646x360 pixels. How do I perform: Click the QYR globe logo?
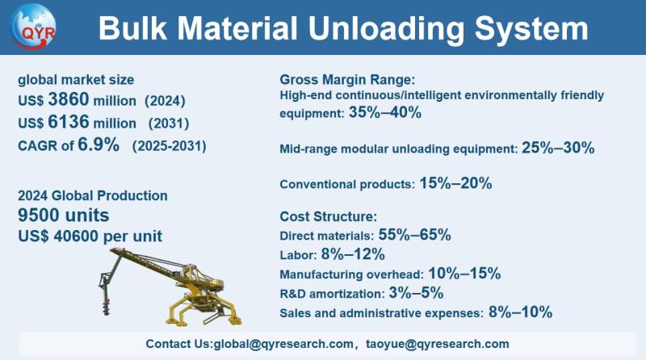(x=33, y=26)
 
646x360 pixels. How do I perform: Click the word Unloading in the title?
(x=388, y=29)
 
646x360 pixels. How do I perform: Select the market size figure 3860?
(x=69, y=99)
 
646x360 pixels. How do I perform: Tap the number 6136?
(x=69, y=122)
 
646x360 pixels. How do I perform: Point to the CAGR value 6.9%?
(x=99, y=144)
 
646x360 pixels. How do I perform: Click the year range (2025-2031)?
(x=170, y=146)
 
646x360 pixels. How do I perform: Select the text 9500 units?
(x=64, y=216)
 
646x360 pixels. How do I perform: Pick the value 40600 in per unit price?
(x=77, y=236)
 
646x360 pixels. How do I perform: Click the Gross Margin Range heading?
(x=347, y=79)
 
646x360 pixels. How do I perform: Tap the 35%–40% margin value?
(x=385, y=112)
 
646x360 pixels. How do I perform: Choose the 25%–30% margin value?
(x=558, y=148)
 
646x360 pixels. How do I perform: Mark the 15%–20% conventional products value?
(x=455, y=183)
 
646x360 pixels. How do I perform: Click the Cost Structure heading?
(x=329, y=216)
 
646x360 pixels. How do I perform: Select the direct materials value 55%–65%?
(x=414, y=235)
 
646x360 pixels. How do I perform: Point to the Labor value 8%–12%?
(x=353, y=254)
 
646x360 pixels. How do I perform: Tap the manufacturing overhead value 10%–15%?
(x=465, y=274)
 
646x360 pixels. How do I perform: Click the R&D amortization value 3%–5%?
(x=416, y=293)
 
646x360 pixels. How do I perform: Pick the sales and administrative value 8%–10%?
(x=520, y=312)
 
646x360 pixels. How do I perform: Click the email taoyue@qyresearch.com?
(x=438, y=344)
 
